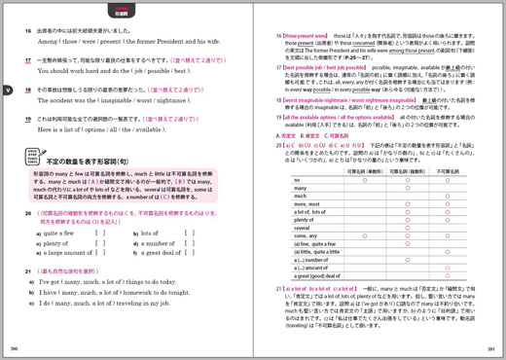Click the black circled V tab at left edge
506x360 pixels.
click(6, 90)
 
